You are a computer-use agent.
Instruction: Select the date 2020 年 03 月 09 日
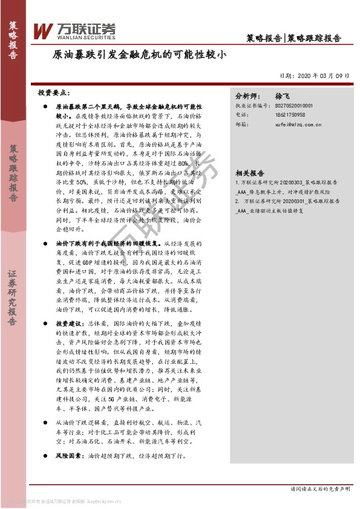[x=315, y=76]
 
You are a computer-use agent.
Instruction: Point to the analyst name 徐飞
[x=283, y=96]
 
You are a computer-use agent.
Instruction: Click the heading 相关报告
[x=249, y=172]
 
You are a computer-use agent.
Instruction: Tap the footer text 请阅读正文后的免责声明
[x=320, y=488]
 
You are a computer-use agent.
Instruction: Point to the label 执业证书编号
[x=251, y=105]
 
